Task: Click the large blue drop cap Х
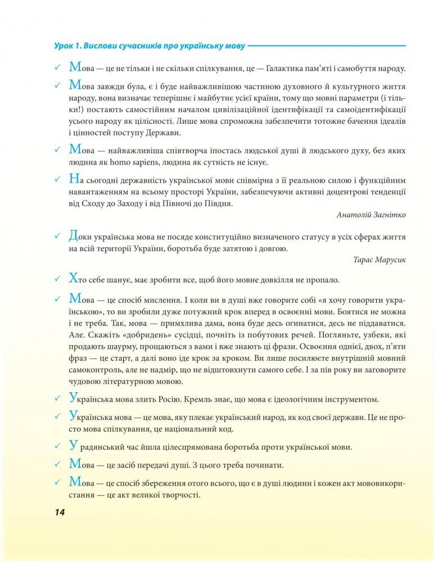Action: [72, 278]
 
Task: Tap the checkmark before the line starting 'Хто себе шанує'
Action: [57, 279]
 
